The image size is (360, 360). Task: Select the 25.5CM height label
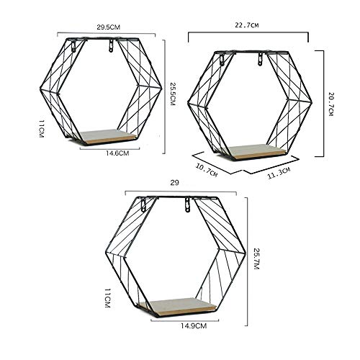pos(172,93)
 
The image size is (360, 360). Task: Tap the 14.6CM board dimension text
pos(117,153)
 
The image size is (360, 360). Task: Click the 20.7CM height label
pos(330,102)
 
